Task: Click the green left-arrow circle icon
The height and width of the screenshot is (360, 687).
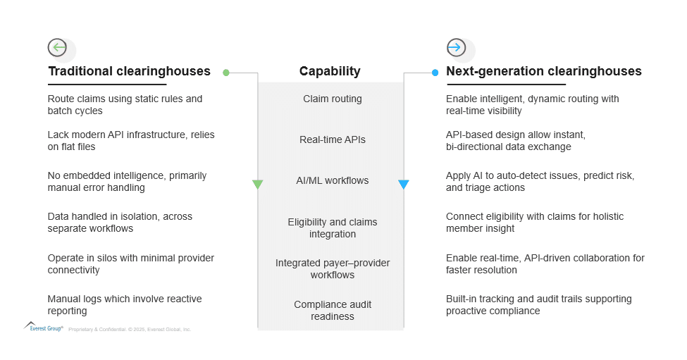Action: pyautogui.click(x=57, y=47)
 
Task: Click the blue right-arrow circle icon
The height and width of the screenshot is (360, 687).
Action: pyautogui.click(x=456, y=47)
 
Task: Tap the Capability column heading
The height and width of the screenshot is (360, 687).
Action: pyautogui.click(x=330, y=71)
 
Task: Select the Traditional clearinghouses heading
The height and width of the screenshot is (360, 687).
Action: pyautogui.click(x=129, y=71)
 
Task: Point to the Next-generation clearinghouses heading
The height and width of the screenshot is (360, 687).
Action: pyautogui.click(x=544, y=71)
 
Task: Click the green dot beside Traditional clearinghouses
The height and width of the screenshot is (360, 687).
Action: pyautogui.click(x=226, y=73)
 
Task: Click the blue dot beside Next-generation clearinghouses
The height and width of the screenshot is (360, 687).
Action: pyautogui.click(x=435, y=73)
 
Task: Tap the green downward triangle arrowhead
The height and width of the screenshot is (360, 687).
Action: pyautogui.click(x=258, y=185)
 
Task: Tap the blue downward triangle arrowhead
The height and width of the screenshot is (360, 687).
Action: pyautogui.click(x=404, y=185)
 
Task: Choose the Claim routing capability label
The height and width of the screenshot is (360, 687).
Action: pyautogui.click(x=333, y=99)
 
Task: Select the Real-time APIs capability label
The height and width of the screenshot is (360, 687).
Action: pyautogui.click(x=333, y=139)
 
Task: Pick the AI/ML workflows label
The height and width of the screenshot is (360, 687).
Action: pyautogui.click(x=333, y=180)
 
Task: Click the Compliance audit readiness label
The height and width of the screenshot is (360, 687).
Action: pyautogui.click(x=333, y=310)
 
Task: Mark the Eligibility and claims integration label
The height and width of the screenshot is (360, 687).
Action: pyautogui.click(x=333, y=228)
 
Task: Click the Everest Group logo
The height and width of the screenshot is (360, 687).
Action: pyautogui.click(x=44, y=327)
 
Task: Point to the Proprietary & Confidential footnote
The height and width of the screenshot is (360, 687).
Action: pyautogui.click(x=130, y=329)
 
